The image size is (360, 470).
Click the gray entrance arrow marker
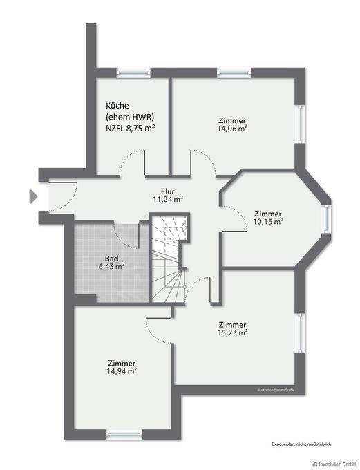(32, 196)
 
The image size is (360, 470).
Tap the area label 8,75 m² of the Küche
(140, 128)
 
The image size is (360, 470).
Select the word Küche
(117, 105)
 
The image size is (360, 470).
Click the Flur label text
(167, 190)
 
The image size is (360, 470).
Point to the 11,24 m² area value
(167, 199)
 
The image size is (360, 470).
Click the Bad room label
(110, 257)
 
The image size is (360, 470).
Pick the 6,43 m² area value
(110, 266)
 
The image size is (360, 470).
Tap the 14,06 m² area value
(232, 128)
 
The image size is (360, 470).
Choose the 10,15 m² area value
(268, 222)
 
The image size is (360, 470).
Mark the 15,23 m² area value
(232, 332)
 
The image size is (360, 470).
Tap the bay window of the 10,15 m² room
(328, 218)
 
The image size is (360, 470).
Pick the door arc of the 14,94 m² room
(159, 330)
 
